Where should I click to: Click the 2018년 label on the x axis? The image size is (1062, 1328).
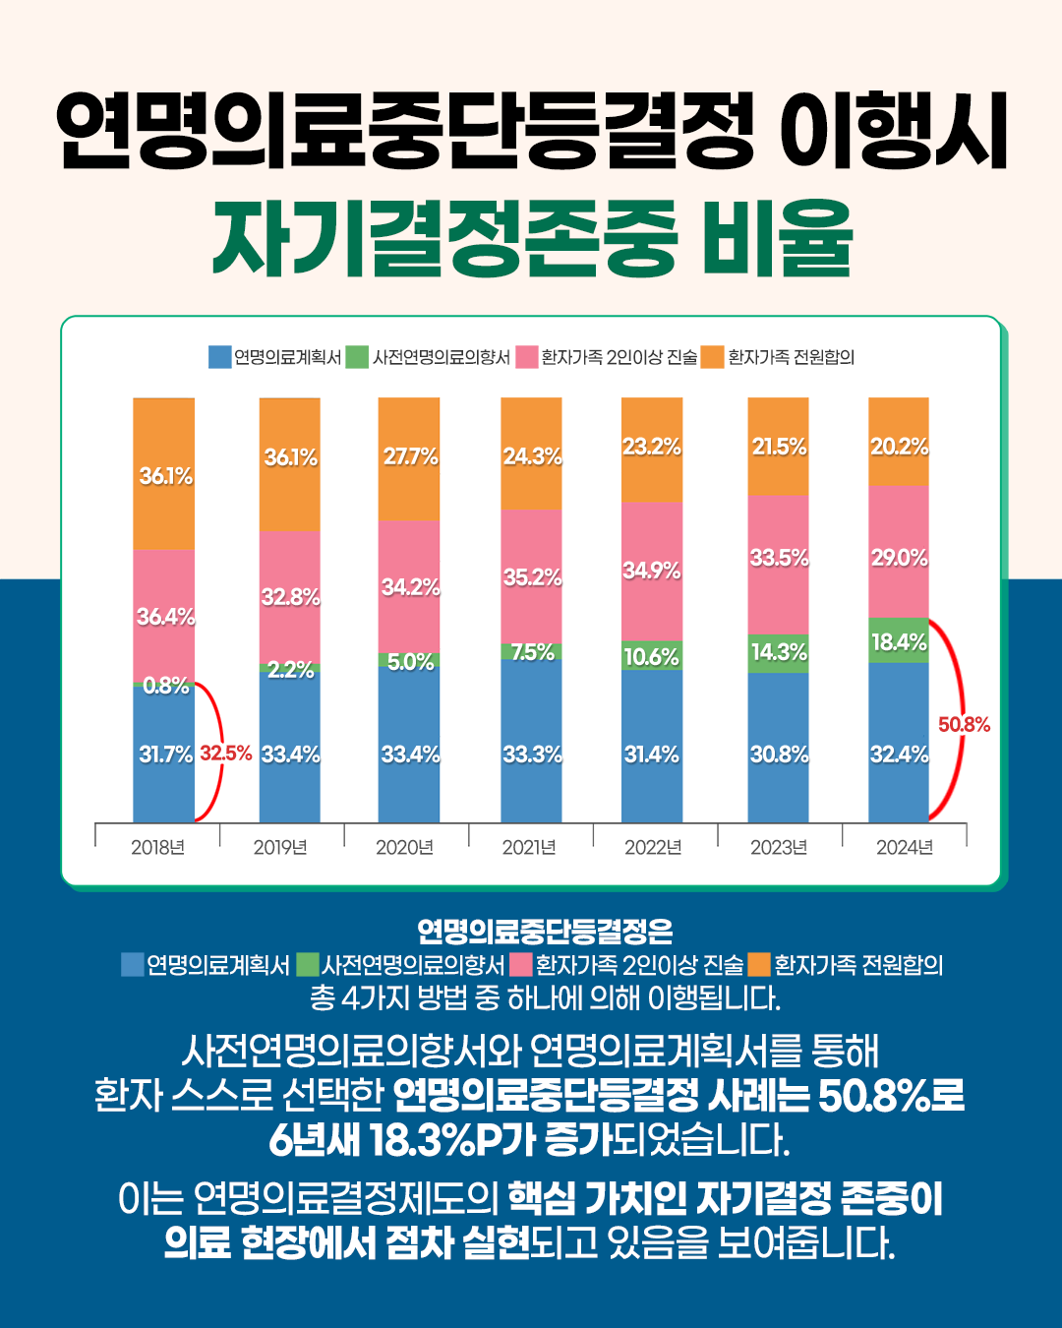(x=157, y=847)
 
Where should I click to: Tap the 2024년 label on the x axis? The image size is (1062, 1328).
(x=905, y=847)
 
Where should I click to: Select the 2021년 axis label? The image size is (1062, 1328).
(x=529, y=847)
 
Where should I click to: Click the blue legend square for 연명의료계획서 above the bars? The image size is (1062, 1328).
(x=219, y=357)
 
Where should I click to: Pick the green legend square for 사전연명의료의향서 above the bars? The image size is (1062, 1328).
(x=357, y=357)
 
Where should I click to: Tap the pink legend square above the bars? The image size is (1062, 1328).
(x=526, y=357)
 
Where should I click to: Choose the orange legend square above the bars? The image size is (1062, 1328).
(x=712, y=357)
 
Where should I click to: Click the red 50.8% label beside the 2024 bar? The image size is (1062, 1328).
(x=964, y=725)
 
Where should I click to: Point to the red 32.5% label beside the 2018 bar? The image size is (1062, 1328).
(x=226, y=754)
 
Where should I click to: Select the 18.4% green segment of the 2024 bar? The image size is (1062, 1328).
(x=899, y=641)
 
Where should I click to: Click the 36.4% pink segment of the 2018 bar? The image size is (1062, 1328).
(x=164, y=617)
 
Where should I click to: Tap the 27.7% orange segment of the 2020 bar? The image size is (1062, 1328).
(x=409, y=457)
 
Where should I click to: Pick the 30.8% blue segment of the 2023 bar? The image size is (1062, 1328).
(x=778, y=754)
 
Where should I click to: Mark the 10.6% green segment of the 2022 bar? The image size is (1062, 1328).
(x=652, y=656)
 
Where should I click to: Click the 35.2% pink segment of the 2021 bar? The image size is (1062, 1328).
(x=531, y=577)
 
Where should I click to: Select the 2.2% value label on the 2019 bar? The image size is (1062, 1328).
(x=290, y=670)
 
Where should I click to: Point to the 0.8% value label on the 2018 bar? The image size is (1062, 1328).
(x=165, y=686)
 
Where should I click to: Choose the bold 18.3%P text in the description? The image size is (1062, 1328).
(x=452, y=1140)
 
